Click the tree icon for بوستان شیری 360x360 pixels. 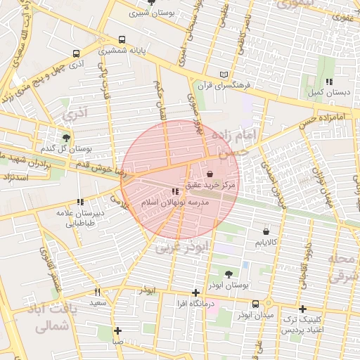point(152,3)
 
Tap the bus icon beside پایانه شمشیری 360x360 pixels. point(122,40)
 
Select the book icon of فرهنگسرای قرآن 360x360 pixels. point(224,75)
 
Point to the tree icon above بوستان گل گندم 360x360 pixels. point(66,138)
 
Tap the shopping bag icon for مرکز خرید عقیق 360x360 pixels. point(211,174)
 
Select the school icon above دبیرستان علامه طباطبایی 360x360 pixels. point(79,202)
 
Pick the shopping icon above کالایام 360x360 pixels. point(266,231)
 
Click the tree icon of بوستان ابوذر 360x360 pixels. point(229,274)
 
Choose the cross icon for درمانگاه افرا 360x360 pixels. point(196,292)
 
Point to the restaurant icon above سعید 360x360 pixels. point(98,292)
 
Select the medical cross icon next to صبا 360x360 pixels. point(117,330)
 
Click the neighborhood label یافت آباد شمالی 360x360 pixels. point(49,317)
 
